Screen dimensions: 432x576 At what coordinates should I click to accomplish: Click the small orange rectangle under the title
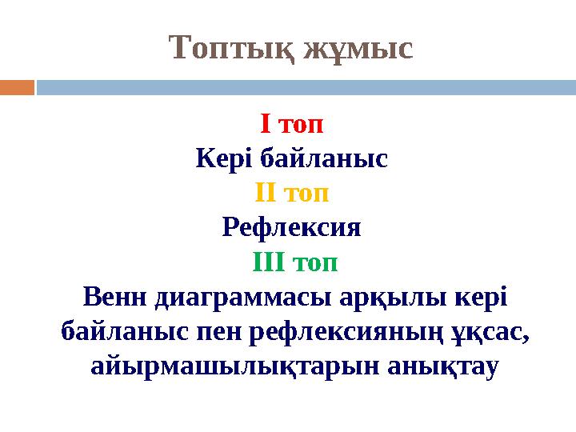tap(17, 87)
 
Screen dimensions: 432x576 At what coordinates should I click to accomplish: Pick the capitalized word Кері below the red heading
tap(221, 159)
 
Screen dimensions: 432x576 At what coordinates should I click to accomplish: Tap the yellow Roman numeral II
tap(266, 194)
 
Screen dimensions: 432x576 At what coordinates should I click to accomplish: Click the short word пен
tap(226, 332)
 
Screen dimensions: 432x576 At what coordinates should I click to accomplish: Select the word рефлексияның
tap(339, 332)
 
